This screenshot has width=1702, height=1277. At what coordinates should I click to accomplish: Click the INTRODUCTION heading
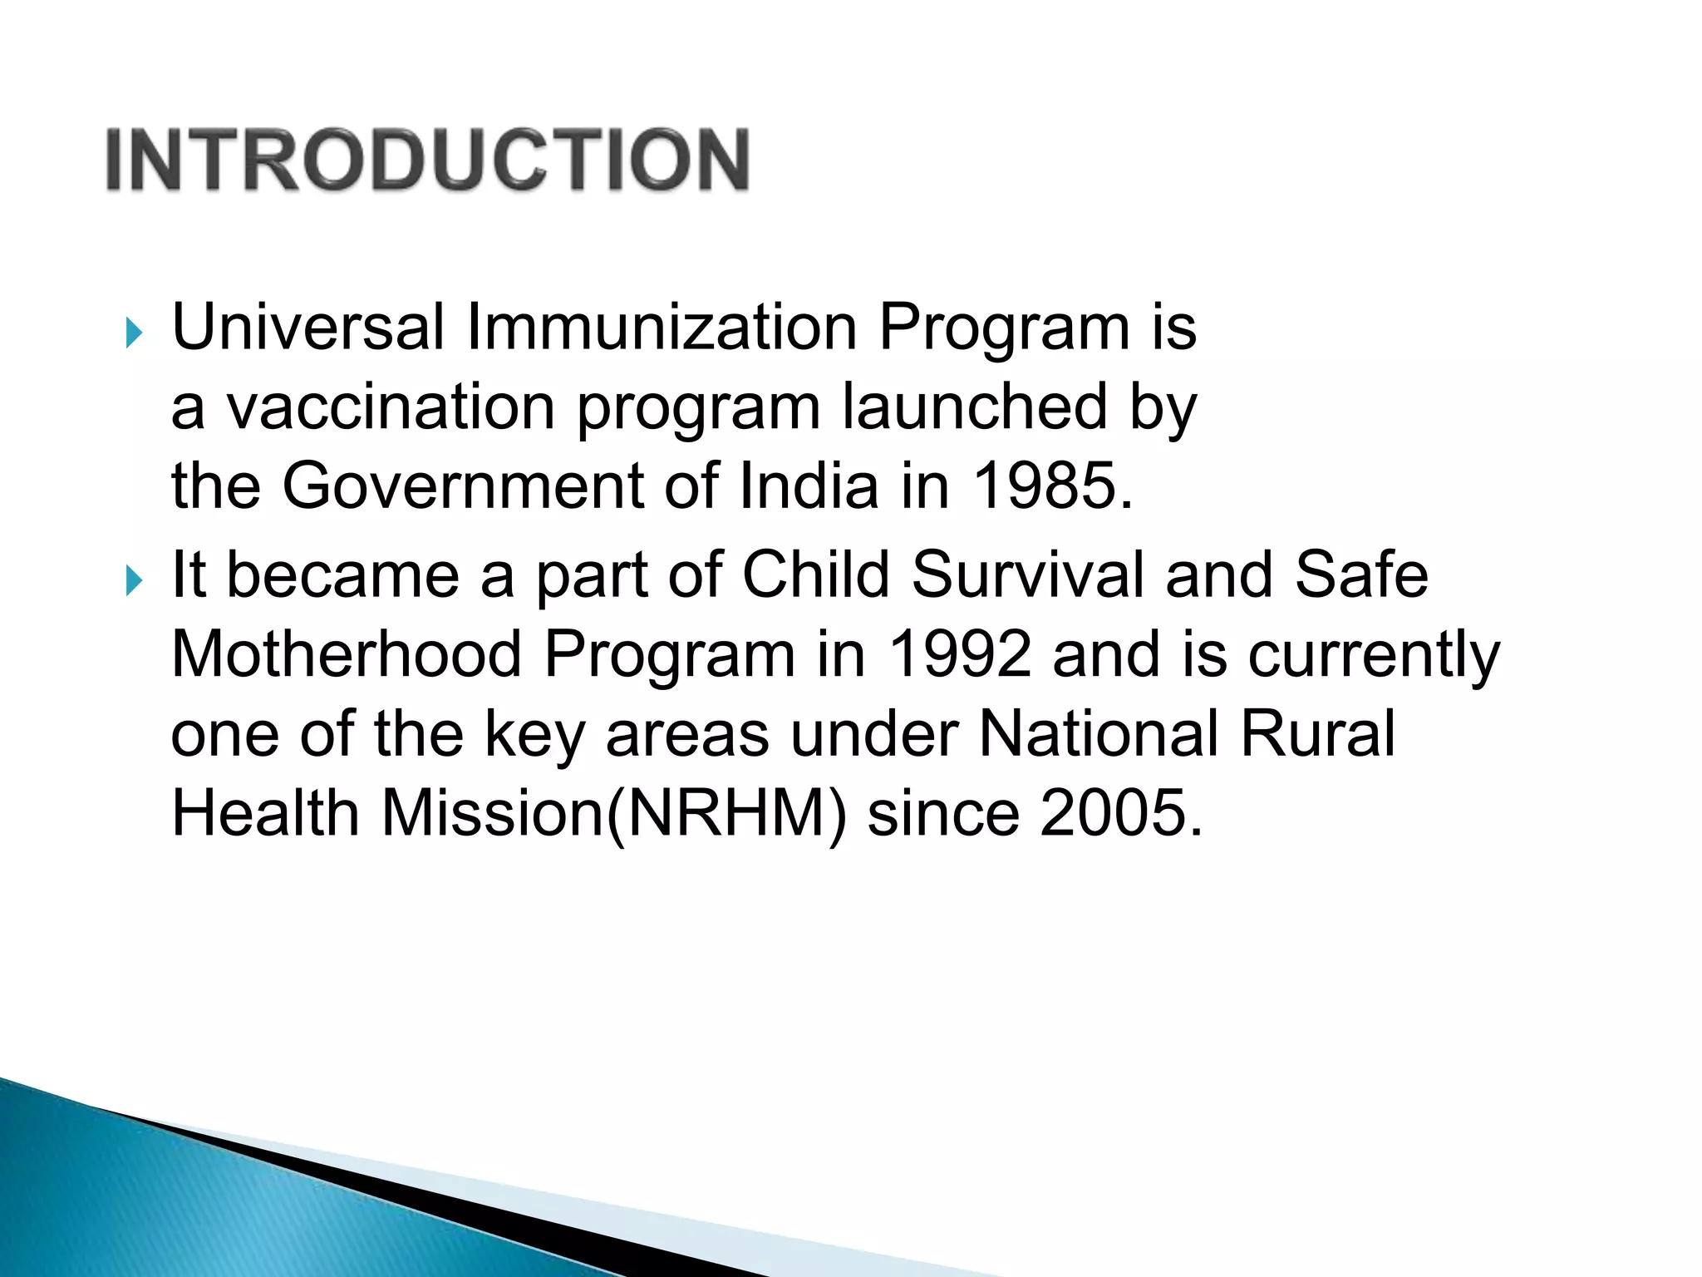point(428,160)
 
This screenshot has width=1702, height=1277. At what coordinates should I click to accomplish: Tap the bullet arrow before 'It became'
point(134,580)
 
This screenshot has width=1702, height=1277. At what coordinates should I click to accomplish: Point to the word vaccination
point(391,407)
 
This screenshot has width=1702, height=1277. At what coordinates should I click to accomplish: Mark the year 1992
point(959,654)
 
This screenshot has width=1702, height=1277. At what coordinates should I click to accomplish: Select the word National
point(1098,733)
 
